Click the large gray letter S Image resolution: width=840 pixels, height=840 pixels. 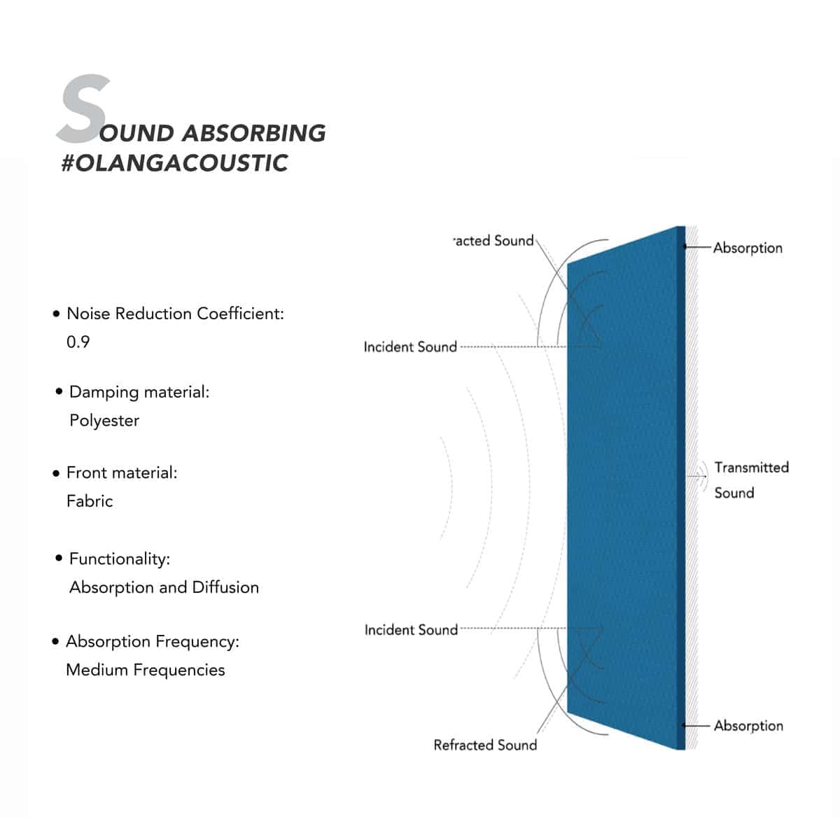click(x=84, y=108)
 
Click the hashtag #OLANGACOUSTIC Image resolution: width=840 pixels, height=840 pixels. click(x=174, y=163)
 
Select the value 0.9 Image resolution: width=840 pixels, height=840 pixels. click(x=78, y=342)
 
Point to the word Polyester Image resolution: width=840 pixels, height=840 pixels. click(x=104, y=421)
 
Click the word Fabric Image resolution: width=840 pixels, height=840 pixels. click(x=90, y=501)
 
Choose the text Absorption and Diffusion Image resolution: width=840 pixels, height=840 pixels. click(x=164, y=587)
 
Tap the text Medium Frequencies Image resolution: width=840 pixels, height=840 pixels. click(x=145, y=670)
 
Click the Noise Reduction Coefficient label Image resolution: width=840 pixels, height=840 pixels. click(x=175, y=314)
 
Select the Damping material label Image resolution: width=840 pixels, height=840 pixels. click(x=139, y=392)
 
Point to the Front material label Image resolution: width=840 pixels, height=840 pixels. click(x=122, y=472)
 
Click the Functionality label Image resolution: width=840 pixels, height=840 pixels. click(x=120, y=559)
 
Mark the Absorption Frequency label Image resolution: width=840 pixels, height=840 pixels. click(x=153, y=641)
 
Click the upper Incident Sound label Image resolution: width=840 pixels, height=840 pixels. click(x=410, y=346)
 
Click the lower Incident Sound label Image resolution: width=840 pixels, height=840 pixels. click(x=411, y=630)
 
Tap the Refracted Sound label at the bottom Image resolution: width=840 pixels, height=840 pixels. click(x=485, y=745)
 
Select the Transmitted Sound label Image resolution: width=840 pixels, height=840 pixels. click(x=750, y=479)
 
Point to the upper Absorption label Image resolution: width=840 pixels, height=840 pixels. click(x=748, y=248)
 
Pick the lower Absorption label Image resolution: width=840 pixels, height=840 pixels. click(x=748, y=726)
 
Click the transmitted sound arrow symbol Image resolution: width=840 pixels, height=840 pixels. click(x=698, y=476)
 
